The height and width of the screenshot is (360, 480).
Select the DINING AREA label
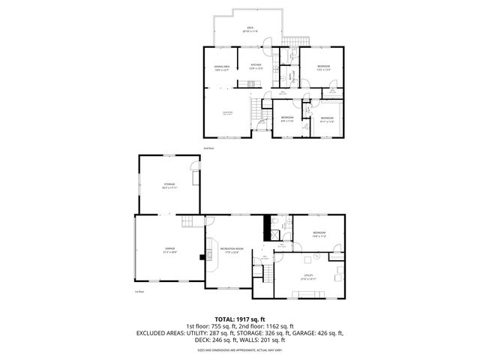tap(221, 67)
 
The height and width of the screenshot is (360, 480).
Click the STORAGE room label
tap(169, 185)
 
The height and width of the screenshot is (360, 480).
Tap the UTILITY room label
tap(308, 276)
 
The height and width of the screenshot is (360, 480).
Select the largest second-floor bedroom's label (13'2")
tap(323, 67)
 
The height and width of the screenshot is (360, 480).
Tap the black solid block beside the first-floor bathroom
tap(265, 225)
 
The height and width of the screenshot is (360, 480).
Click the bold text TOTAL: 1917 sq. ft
tap(239, 319)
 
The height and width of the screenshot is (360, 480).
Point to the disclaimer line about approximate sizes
tap(239, 350)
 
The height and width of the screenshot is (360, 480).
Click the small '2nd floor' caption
tap(208, 148)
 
